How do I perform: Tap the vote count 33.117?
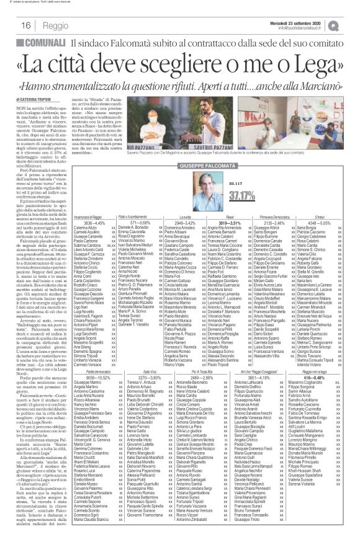[218, 184]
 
